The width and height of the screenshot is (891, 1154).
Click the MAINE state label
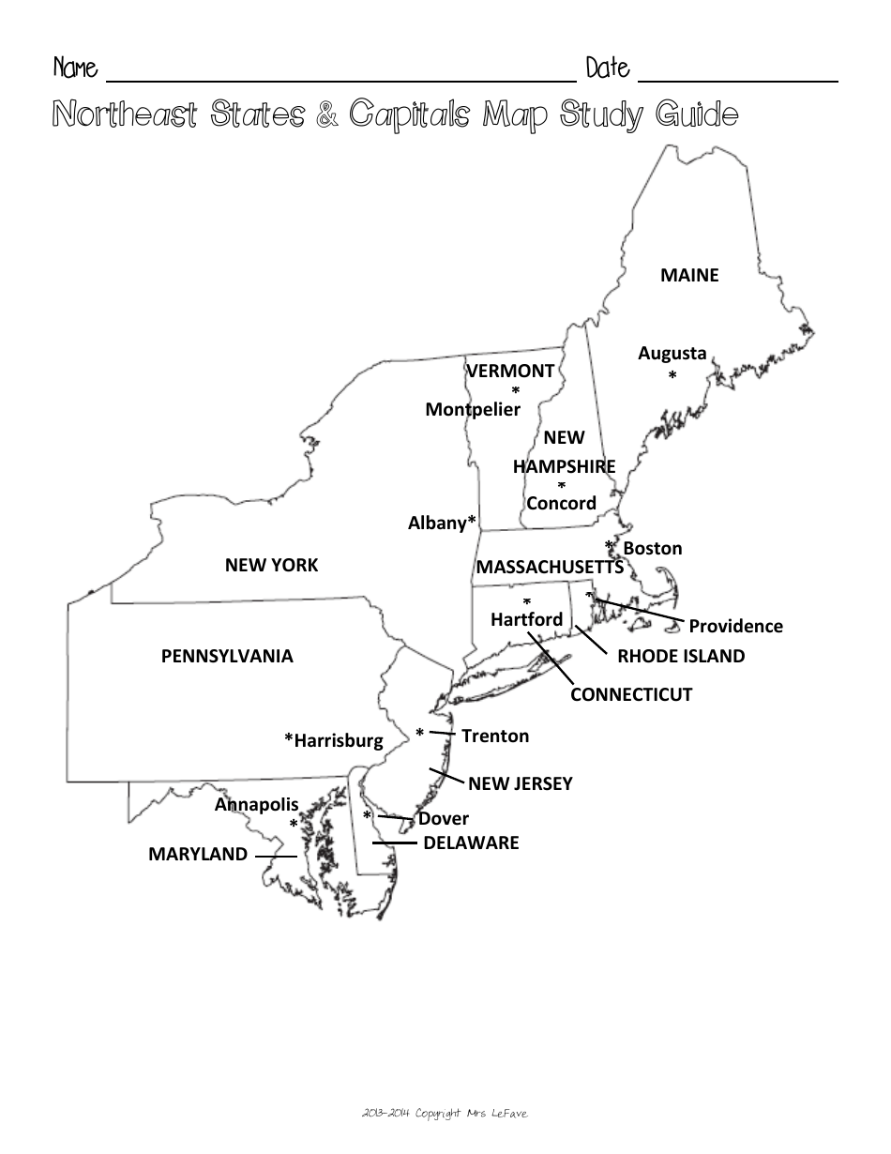[689, 275]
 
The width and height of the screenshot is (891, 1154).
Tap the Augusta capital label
[672, 354]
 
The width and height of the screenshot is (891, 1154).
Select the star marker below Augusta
[672, 376]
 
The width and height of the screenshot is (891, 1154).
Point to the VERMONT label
[510, 371]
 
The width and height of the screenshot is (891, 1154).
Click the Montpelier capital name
[473, 409]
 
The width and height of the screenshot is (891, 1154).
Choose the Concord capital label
[561, 503]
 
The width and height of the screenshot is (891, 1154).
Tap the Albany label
[438, 524]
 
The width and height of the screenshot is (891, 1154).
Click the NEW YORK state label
[271, 565]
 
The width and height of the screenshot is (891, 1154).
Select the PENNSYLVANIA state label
[227, 656]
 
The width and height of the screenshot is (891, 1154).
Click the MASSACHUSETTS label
[550, 567]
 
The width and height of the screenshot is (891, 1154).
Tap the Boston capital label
[653, 548]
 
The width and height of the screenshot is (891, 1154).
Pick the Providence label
[735, 626]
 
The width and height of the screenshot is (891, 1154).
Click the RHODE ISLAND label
[681, 656]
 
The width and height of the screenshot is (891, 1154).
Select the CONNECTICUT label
[631, 694]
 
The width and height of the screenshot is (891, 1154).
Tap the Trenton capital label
[495, 736]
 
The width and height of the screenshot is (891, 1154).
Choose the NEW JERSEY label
[520, 782]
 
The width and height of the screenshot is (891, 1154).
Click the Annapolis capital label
[256, 804]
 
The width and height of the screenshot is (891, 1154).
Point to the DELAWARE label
[471, 843]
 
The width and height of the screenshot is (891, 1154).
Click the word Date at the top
[608, 68]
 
